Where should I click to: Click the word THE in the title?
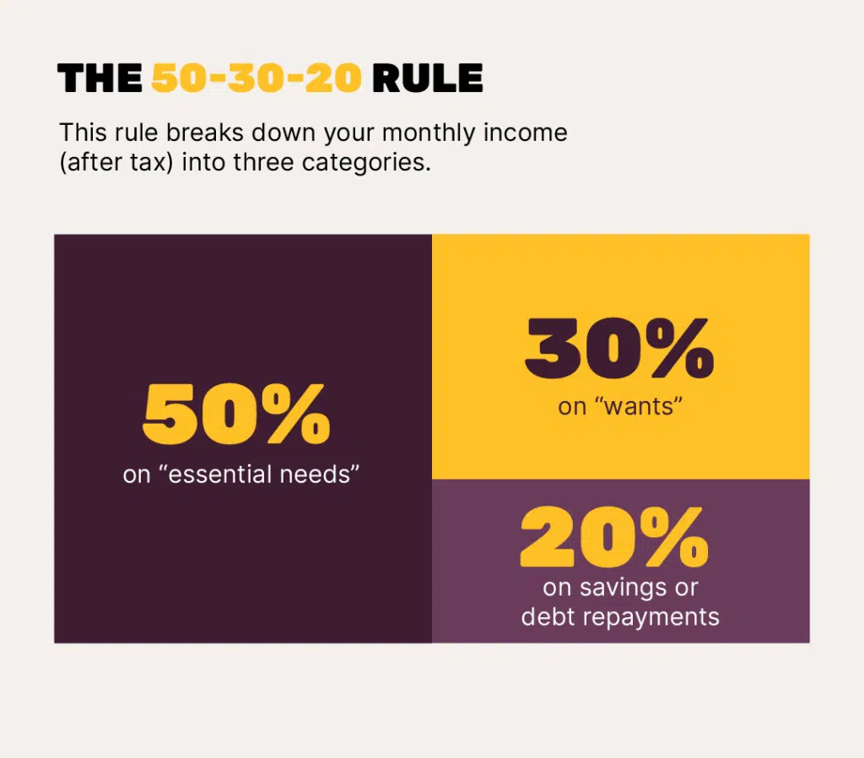(x=100, y=78)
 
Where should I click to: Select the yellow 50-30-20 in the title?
(x=256, y=78)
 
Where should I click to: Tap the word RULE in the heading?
(x=428, y=78)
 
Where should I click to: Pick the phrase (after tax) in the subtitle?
(x=116, y=163)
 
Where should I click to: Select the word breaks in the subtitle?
(x=205, y=133)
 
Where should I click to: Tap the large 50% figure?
(x=236, y=414)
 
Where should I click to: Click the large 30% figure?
(x=619, y=348)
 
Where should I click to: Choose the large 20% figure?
(x=614, y=538)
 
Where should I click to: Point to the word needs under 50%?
(x=319, y=474)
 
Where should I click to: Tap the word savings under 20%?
(x=624, y=588)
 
